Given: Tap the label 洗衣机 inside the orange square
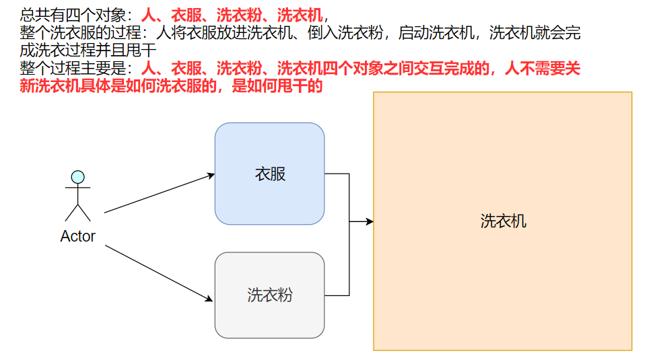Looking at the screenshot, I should point(503,221).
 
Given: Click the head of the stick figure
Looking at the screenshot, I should point(78,178).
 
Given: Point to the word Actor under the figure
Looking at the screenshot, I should point(77,236).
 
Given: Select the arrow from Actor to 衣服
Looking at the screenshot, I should point(159,193).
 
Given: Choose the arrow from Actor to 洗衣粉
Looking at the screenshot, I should point(159,273).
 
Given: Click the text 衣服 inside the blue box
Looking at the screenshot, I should point(270,174).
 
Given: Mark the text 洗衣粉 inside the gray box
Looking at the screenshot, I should point(270,295).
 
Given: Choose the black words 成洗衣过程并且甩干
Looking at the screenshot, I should point(88,50).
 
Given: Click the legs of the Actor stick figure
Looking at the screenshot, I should point(78,213).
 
